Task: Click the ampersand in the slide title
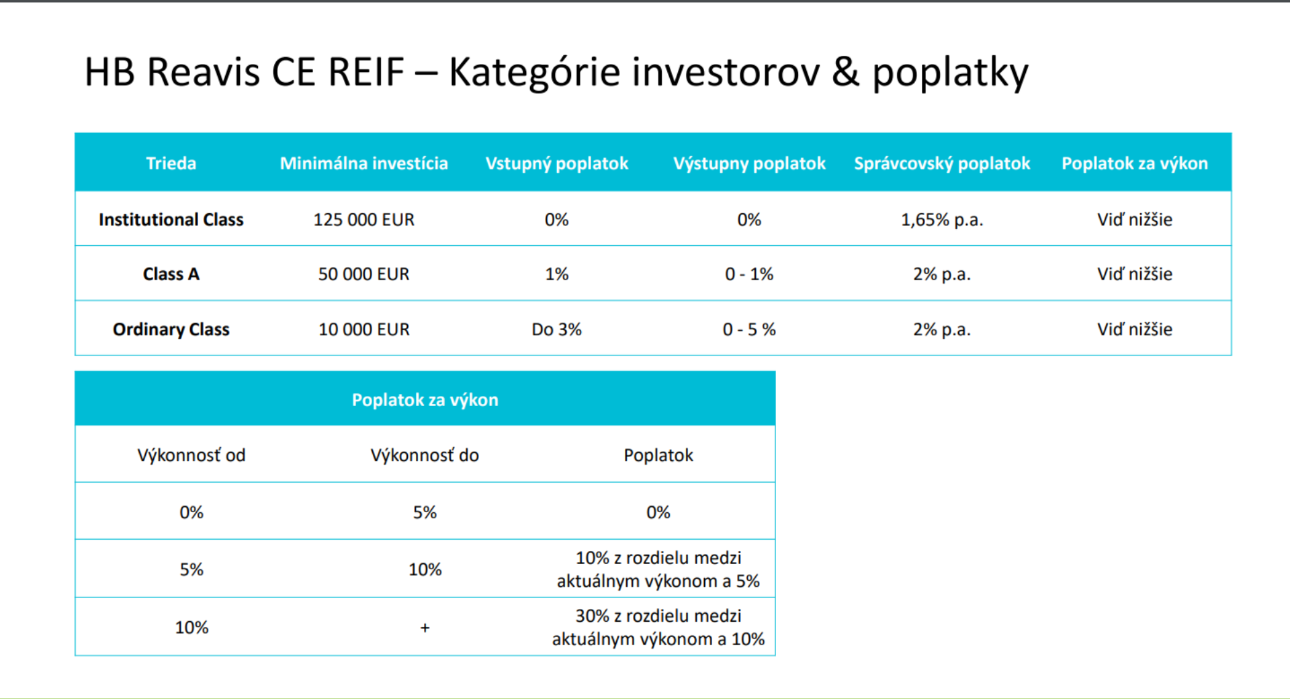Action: pos(846,71)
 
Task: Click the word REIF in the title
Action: pos(366,71)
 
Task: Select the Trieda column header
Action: pos(171,163)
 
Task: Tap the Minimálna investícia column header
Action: pos(363,163)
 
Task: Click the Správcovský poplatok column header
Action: pos(942,163)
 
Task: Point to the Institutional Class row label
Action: pos(171,220)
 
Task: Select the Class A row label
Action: pos(171,274)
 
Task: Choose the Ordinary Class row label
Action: pos(171,329)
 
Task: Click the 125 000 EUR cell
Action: pos(363,220)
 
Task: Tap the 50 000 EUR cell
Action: pos(363,274)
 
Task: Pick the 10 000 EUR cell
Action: pos(363,329)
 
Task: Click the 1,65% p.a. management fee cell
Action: pos(942,220)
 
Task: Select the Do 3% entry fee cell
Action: pos(556,329)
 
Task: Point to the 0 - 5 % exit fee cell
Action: pos(749,329)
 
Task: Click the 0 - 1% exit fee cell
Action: pos(749,274)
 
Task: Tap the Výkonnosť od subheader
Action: pos(191,455)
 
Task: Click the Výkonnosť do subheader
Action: pos(425,455)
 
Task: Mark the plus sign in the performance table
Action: pos(425,628)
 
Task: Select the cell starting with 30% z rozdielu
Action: pos(658,627)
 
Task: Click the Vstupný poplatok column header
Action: pos(556,163)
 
